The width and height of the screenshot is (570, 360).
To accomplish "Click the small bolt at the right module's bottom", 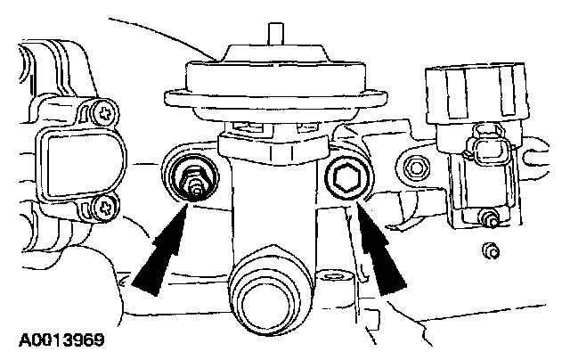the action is point(489,217).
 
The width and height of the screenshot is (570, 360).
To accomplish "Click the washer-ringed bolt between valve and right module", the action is point(414,167).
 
